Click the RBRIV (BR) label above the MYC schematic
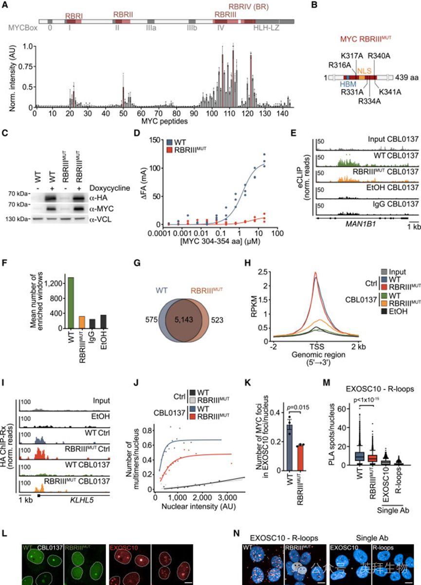pyautogui.click(x=249, y=6)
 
